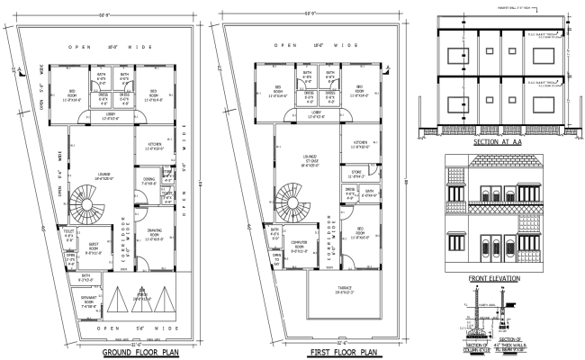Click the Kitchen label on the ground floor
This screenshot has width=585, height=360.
click(x=154, y=146)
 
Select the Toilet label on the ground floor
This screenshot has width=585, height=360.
click(x=69, y=234)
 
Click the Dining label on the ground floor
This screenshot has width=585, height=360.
click(x=149, y=181)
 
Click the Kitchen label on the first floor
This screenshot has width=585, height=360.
click(x=360, y=143)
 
